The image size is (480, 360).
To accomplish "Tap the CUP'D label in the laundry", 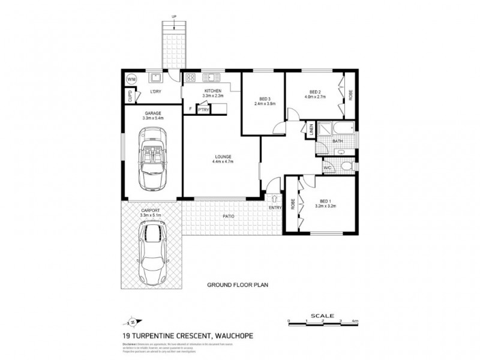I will (x=130, y=95).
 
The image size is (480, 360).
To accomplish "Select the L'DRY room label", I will (x=155, y=91).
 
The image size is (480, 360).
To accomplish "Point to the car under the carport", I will (x=152, y=251).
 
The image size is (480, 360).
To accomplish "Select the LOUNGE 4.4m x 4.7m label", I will (x=223, y=159).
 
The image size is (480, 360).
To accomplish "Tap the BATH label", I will (x=337, y=142).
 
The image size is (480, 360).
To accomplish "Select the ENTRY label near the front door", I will (x=275, y=208).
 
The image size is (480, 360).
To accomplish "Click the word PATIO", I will (x=228, y=216).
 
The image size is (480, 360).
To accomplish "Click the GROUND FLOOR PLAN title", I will (x=236, y=286).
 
